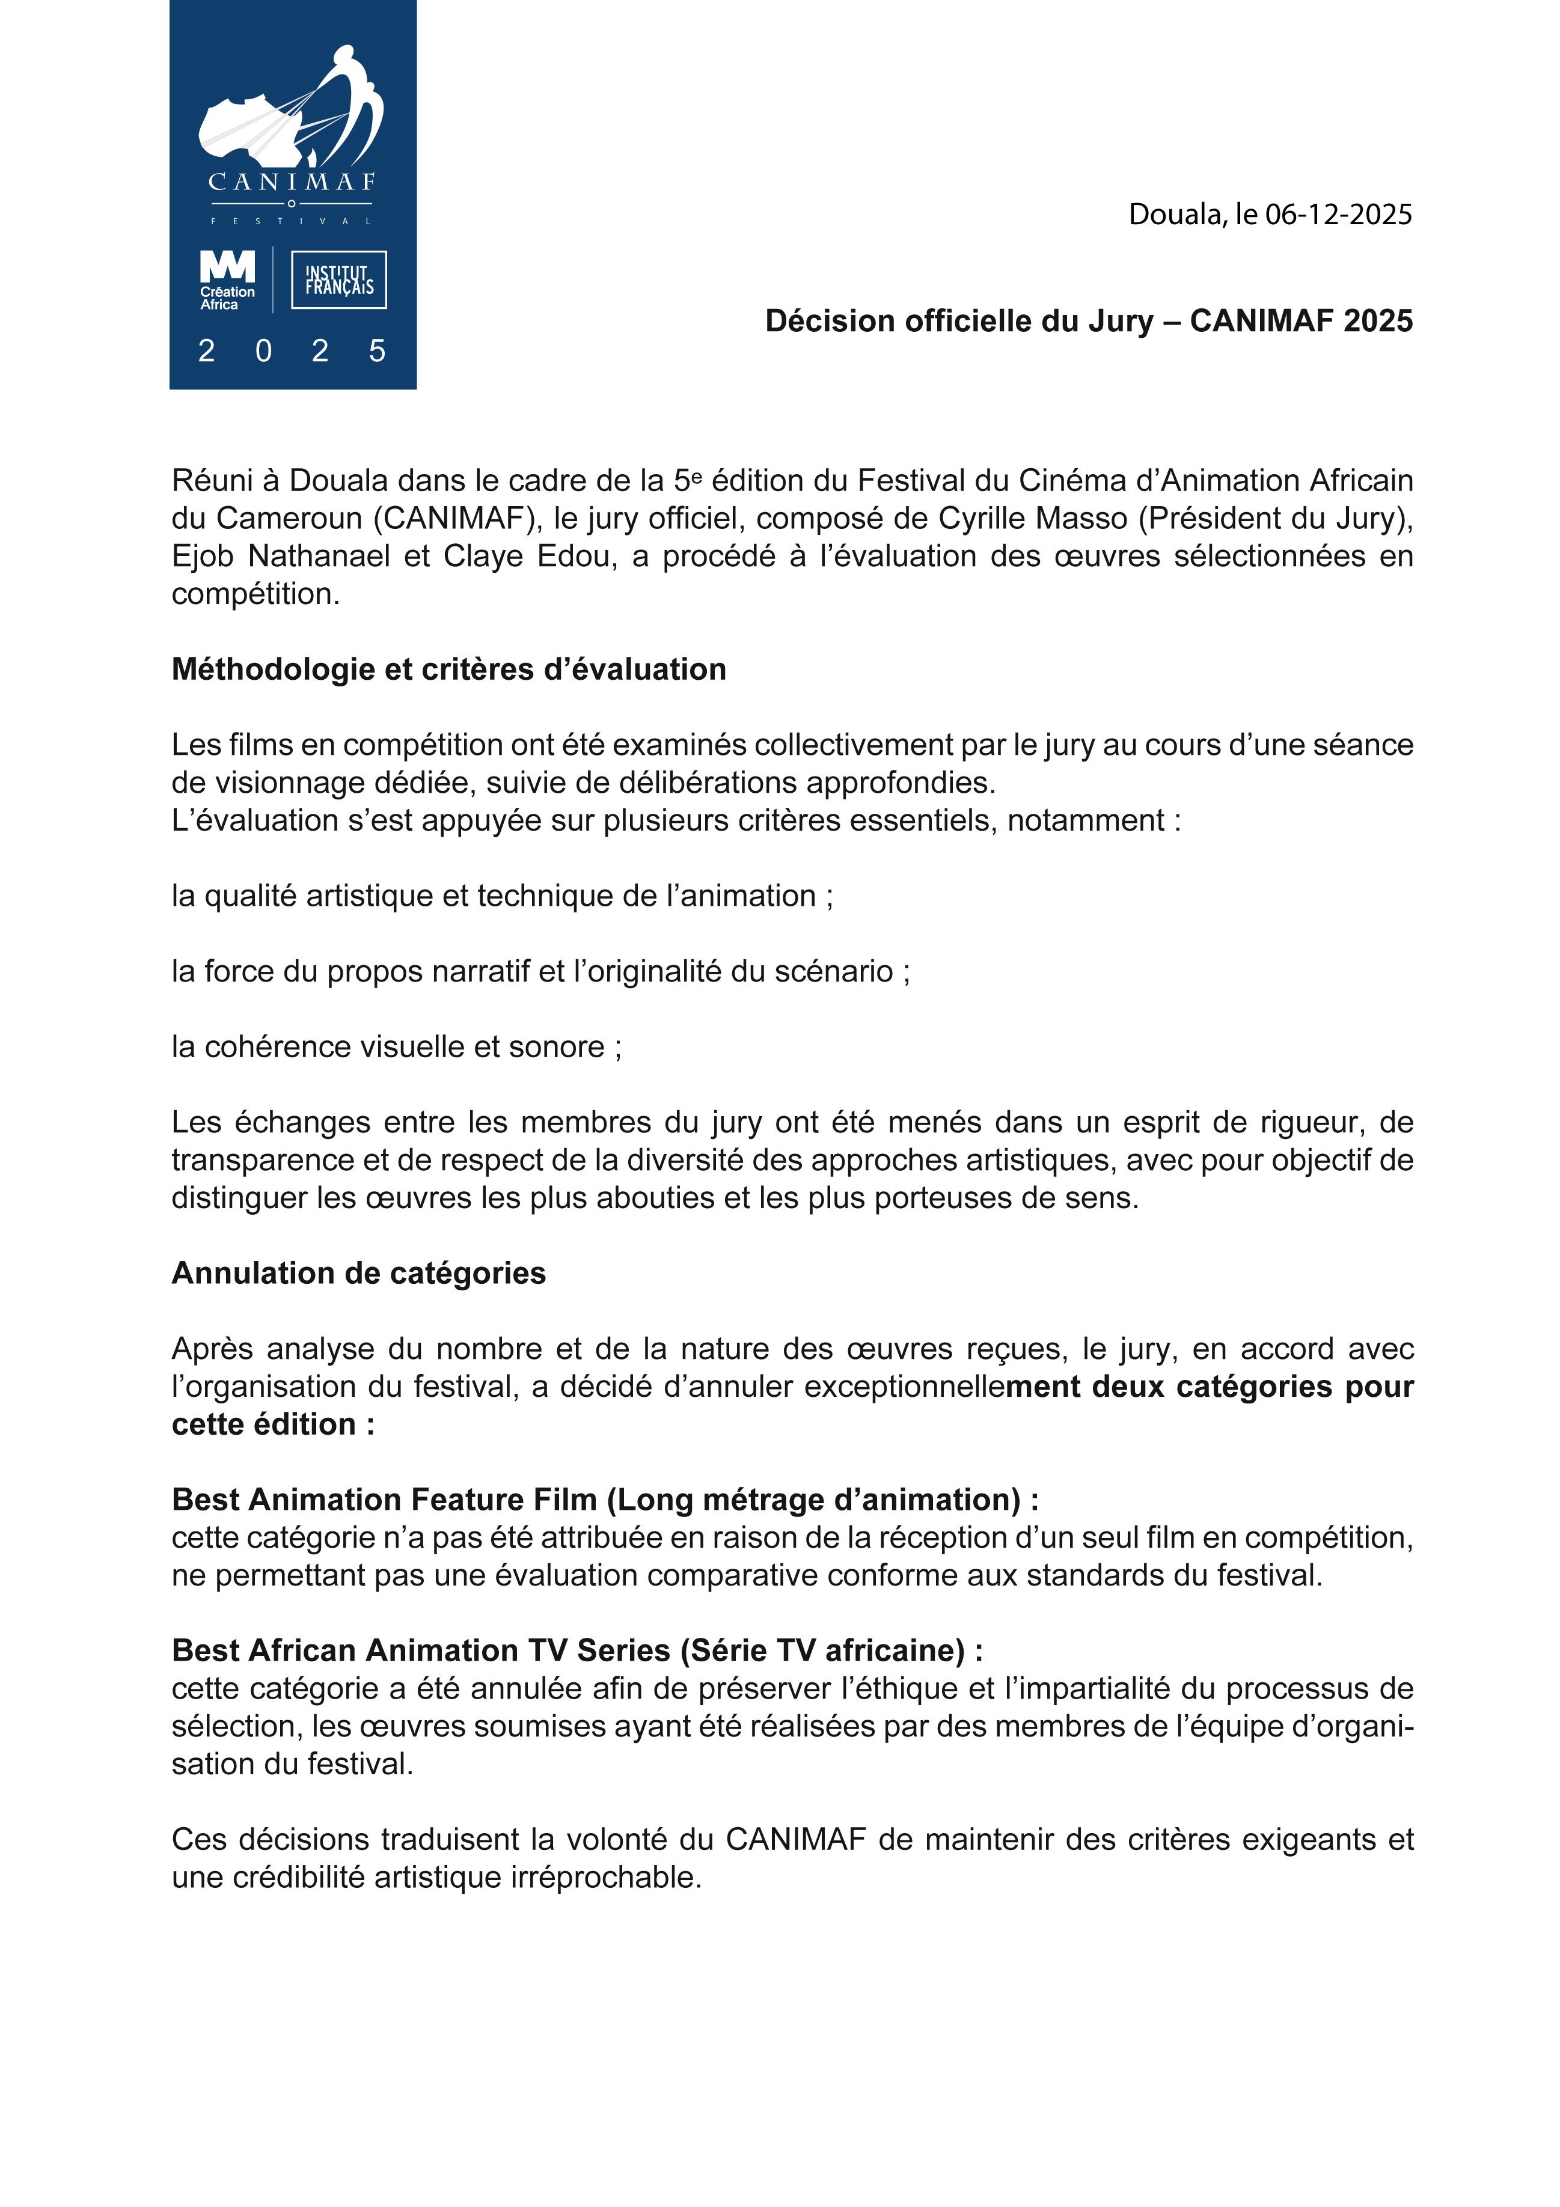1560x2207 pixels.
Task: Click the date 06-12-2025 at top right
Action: tap(1338, 215)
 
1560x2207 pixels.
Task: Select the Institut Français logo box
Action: tap(338, 279)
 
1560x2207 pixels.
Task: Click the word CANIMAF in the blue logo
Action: tap(291, 182)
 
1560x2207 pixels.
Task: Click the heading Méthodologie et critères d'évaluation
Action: tap(449, 669)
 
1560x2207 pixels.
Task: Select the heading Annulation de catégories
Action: tap(358, 1272)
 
